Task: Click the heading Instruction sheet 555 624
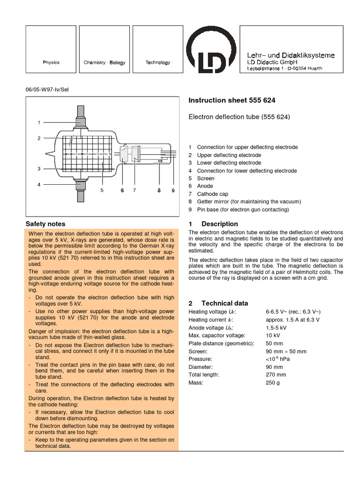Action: (x=232, y=100)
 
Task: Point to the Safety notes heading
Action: (x=45, y=224)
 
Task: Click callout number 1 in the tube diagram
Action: (x=40, y=122)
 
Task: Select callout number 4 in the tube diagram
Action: (x=40, y=185)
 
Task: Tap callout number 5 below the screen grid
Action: (x=102, y=190)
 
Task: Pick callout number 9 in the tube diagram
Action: (x=173, y=190)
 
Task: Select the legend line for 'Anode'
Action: (x=205, y=186)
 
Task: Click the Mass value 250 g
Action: (x=272, y=382)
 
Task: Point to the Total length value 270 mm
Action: (x=276, y=375)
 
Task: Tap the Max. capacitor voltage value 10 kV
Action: (x=273, y=335)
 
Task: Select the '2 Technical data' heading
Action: (x=218, y=303)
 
